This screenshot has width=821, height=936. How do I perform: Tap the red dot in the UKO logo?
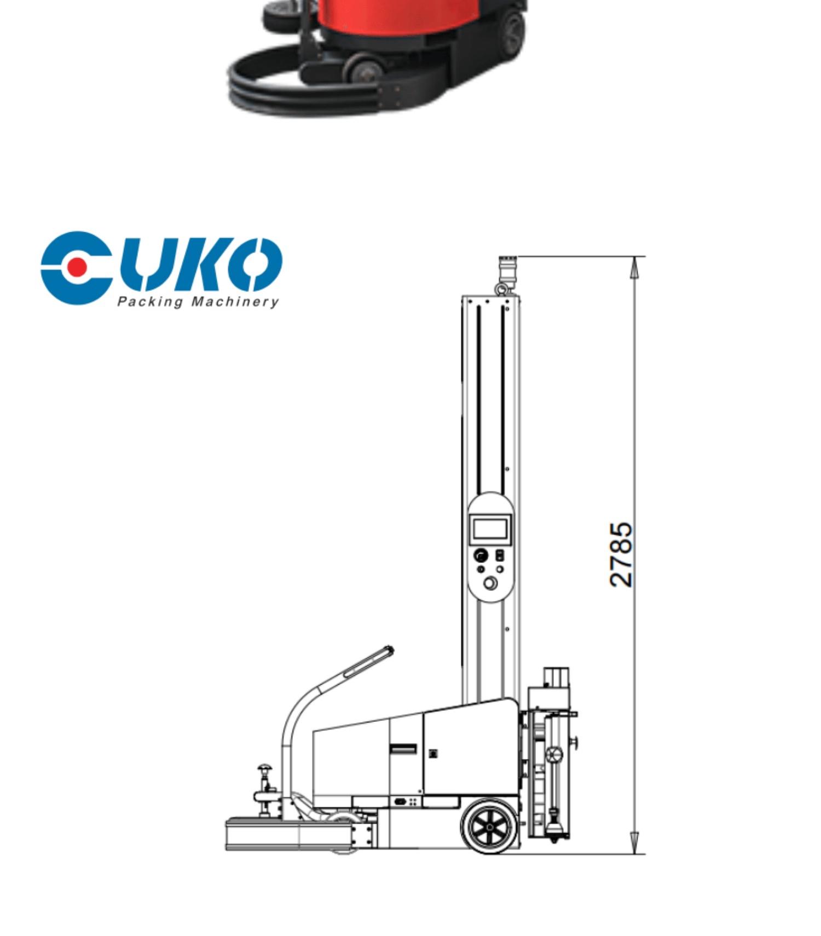click(78, 267)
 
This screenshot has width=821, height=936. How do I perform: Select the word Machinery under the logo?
click(234, 302)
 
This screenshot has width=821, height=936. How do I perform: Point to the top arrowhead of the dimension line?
click(634, 268)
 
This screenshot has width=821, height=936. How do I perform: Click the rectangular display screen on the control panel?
click(490, 529)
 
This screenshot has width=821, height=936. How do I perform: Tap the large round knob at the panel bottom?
click(490, 584)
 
